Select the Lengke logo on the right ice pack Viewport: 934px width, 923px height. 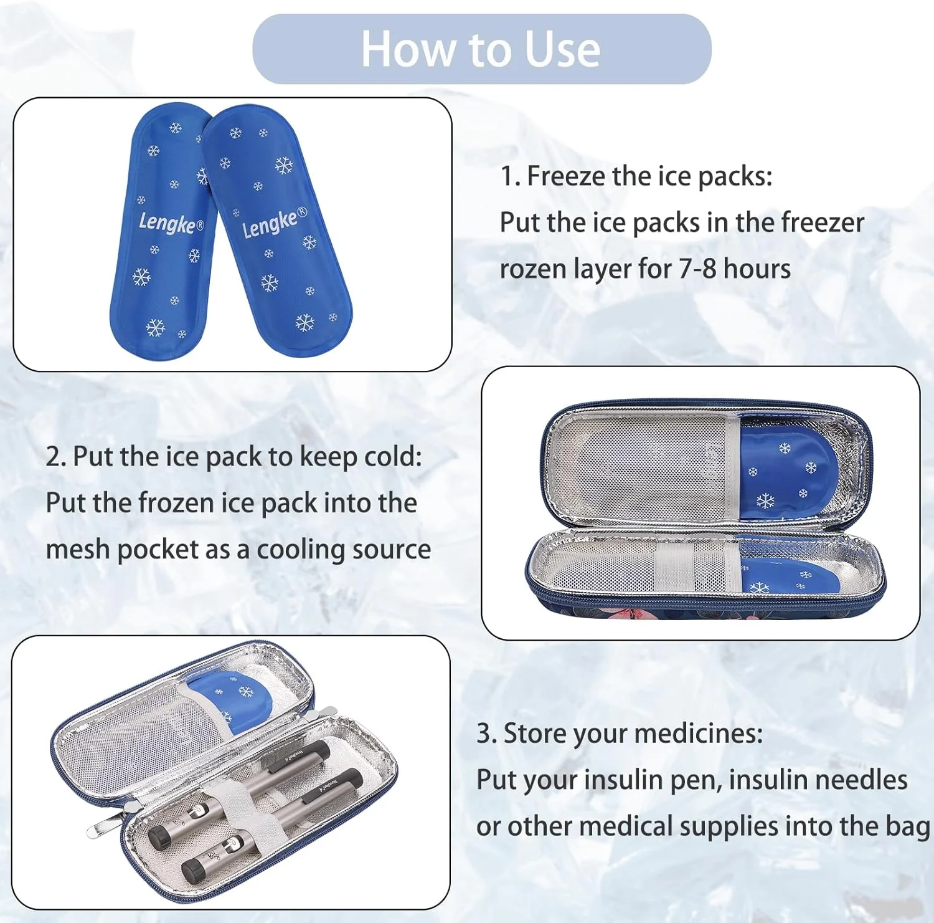275,222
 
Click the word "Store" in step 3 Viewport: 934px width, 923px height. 535,734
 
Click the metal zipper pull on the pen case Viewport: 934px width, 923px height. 105,826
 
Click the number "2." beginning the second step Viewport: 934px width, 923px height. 55,457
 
